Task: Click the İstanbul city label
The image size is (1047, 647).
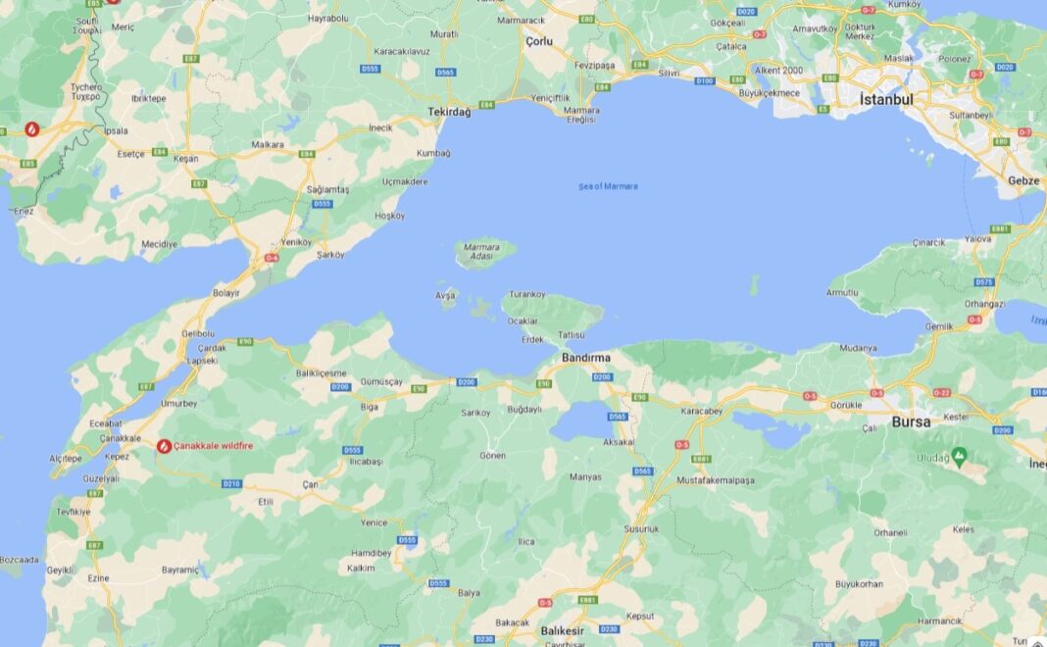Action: pyautogui.click(x=885, y=99)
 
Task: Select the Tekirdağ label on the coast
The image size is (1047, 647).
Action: pyautogui.click(x=449, y=113)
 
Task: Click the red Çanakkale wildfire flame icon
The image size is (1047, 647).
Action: pyautogui.click(x=164, y=446)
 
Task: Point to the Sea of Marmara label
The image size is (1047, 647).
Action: pyautogui.click(x=608, y=186)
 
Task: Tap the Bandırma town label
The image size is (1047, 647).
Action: pyautogui.click(x=586, y=358)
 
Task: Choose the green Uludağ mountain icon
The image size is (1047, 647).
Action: pyautogui.click(x=960, y=456)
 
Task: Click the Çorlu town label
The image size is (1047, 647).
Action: pyautogui.click(x=539, y=41)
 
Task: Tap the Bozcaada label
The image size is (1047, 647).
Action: pyautogui.click(x=20, y=560)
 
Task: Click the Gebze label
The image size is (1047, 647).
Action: pyautogui.click(x=1023, y=180)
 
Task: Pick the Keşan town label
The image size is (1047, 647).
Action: pyautogui.click(x=186, y=158)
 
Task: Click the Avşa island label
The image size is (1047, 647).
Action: pyautogui.click(x=445, y=294)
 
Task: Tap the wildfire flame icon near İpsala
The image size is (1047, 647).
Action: pyautogui.click(x=32, y=128)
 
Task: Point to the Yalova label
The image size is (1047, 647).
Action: pyautogui.click(x=977, y=238)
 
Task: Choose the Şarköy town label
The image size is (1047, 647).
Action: pyautogui.click(x=330, y=255)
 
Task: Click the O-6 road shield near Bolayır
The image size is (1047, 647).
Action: pyautogui.click(x=272, y=259)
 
